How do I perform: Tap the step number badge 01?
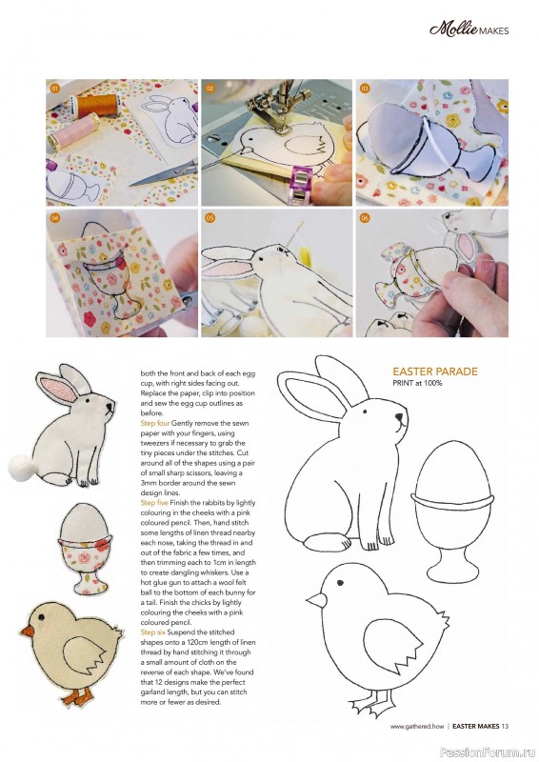(55, 89)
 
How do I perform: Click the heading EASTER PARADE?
(435, 371)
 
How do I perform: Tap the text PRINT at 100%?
(419, 383)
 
